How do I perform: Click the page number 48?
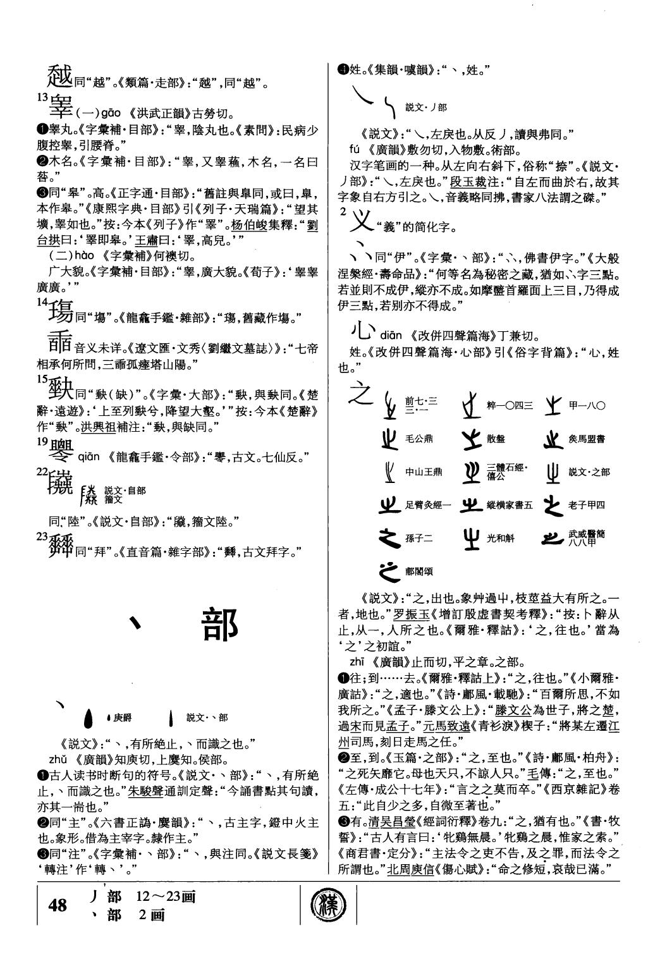(x=58, y=906)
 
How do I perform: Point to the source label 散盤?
(x=497, y=438)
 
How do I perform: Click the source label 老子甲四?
(x=586, y=505)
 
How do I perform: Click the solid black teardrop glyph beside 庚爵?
(x=89, y=718)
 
